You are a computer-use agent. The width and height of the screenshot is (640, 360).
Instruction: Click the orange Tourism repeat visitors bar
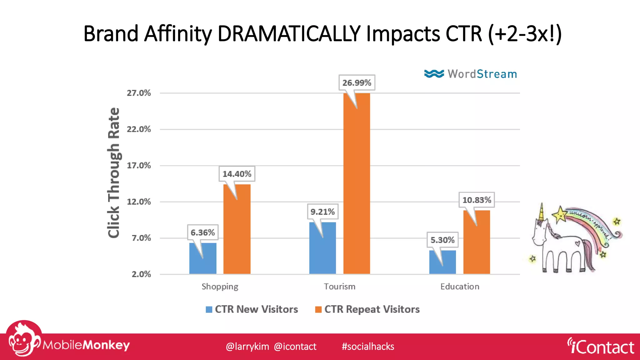[357, 187]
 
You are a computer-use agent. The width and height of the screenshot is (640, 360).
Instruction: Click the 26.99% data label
[357, 83]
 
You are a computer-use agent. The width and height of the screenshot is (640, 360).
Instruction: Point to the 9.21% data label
[322, 212]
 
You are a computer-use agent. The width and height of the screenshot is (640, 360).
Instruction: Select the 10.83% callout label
[477, 200]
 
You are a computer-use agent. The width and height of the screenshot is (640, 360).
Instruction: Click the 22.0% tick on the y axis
[139, 129]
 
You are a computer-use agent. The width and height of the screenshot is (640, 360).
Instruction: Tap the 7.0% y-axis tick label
[141, 238]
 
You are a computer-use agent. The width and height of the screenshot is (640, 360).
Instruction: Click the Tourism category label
[339, 287]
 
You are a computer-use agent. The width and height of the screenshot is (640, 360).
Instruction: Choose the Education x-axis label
[460, 287]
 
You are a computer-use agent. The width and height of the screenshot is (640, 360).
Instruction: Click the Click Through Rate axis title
[114, 172]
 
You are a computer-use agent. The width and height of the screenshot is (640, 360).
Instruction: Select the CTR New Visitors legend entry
[252, 309]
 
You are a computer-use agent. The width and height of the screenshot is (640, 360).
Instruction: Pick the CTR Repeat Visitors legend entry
[367, 309]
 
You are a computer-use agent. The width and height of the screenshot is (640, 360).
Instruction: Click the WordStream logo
[471, 74]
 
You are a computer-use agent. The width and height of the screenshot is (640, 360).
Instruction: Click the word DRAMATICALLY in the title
[289, 34]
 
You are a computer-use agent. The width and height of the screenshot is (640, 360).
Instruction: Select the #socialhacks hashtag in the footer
[368, 347]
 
